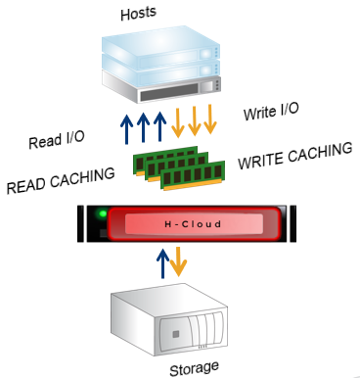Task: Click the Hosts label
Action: [x=139, y=14]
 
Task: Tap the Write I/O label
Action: [x=271, y=112]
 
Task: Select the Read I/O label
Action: [x=57, y=140]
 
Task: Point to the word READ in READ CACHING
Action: [x=26, y=185]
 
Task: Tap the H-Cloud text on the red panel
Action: [x=193, y=224]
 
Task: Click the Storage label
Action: [x=195, y=369]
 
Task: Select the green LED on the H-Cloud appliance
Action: [x=103, y=214]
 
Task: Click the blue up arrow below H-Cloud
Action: [x=162, y=263]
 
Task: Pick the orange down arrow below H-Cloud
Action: [x=178, y=261]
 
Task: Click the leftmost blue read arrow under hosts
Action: [x=126, y=128]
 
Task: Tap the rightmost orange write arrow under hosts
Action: [x=210, y=119]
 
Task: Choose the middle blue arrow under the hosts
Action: [x=143, y=127]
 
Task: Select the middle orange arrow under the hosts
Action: [x=195, y=120]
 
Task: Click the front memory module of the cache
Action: [x=194, y=176]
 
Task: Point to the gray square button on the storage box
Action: [x=176, y=334]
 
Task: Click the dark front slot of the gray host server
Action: [x=169, y=92]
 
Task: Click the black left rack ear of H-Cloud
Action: [x=80, y=223]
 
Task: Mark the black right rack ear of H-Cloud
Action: [x=292, y=223]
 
